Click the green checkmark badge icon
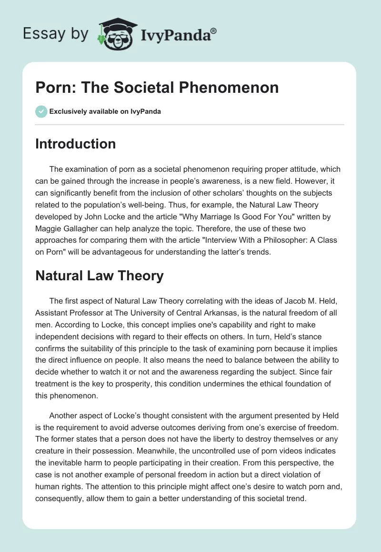point(40,111)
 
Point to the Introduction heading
point(75,144)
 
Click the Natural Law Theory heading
point(99,275)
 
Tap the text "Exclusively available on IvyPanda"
point(105,111)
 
